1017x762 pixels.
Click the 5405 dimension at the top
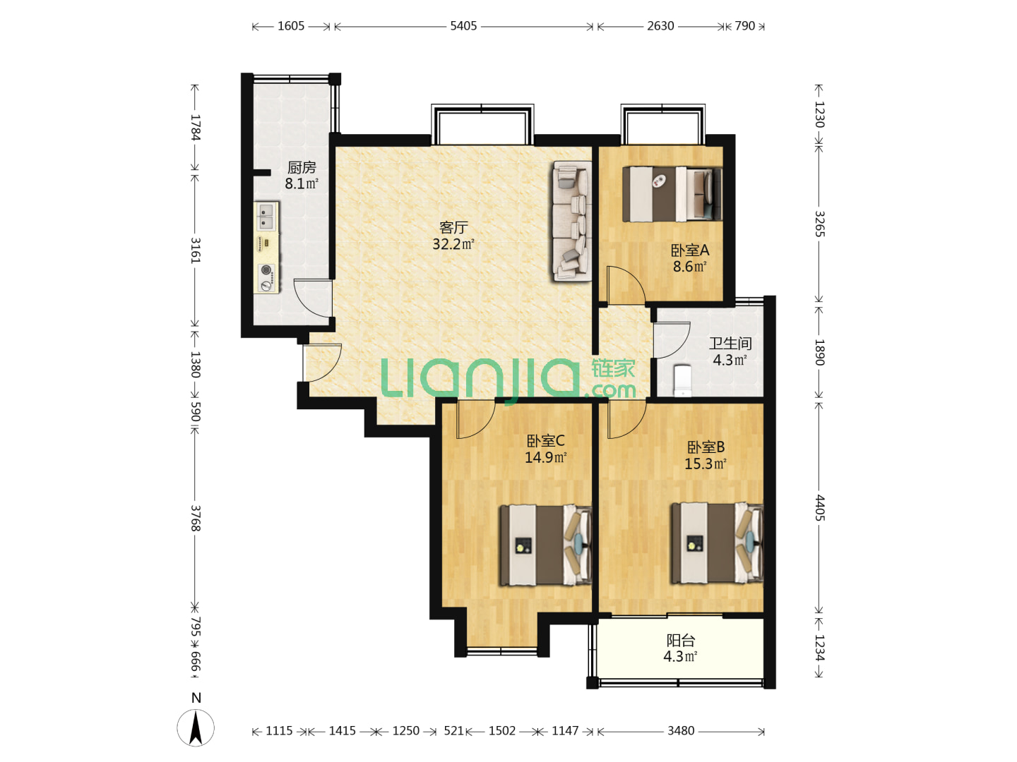[x=463, y=26]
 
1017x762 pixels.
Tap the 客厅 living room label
[x=453, y=227]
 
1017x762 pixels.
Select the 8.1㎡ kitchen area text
[x=301, y=183]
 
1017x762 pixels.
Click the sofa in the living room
[x=572, y=221]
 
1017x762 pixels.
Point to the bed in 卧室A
[x=672, y=193]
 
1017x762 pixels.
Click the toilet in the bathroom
[x=682, y=381]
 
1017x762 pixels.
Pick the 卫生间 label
[x=730, y=344]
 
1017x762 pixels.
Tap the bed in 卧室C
[x=545, y=545]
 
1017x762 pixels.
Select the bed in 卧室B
[x=718, y=543]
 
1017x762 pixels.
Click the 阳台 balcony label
[x=681, y=641]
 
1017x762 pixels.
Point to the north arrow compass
[x=196, y=727]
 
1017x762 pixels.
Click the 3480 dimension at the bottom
[x=681, y=730]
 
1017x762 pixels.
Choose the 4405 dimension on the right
[x=820, y=507]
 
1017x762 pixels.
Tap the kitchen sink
[x=266, y=217]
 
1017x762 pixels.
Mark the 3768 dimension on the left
[x=196, y=518]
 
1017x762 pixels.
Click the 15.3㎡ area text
[x=705, y=464]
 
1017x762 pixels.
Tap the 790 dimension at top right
[x=744, y=26]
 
